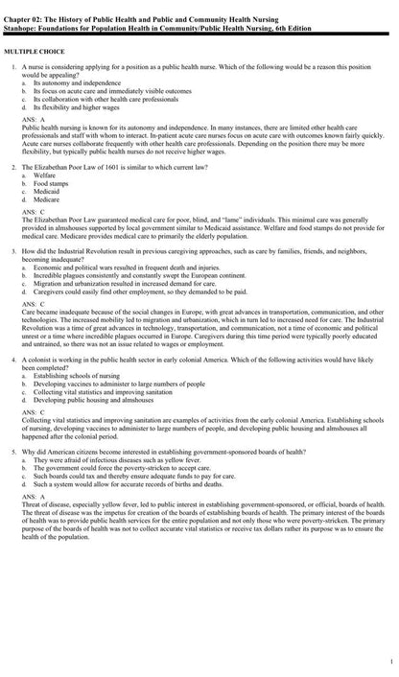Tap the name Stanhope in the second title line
[x=22, y=18]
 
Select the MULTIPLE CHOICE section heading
[x=34, y=47]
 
